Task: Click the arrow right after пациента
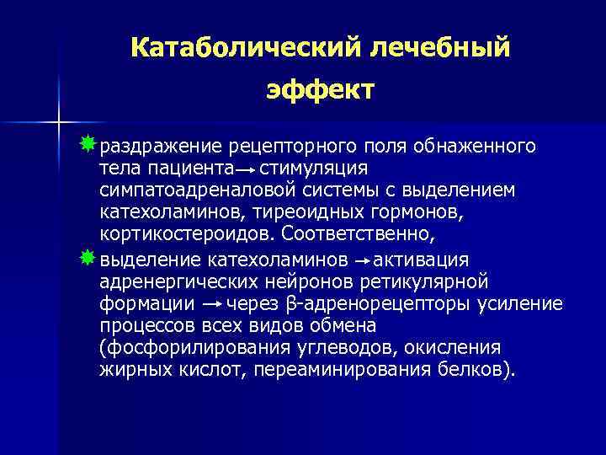click(x=246, y=169)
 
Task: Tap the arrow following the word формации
click(x=213, y=303)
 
